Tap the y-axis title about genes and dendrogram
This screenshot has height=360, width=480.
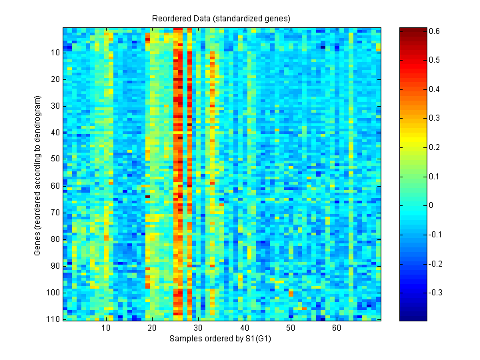point(38,174)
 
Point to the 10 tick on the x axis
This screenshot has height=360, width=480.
point(105,329)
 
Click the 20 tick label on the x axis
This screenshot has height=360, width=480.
point(151,329)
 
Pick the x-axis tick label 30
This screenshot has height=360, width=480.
point(198,329)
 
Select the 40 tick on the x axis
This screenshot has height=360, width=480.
point(244,329)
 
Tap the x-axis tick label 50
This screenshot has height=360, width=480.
point(290,329)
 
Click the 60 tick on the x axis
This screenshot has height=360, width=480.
point(337,329)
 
